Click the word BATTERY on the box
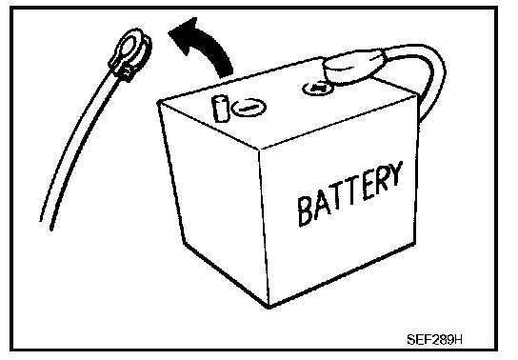point(349,193)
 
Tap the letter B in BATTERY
point(305,211)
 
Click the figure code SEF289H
point(434,339)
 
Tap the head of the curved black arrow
point(185,33)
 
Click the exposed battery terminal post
point(220,109)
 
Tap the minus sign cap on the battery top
point(249,108)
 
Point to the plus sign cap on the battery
point(318,88)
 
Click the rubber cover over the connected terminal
point(354,66)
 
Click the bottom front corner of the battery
point(269,308)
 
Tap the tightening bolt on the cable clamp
point(127,74)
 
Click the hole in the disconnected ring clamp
point(129,47)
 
